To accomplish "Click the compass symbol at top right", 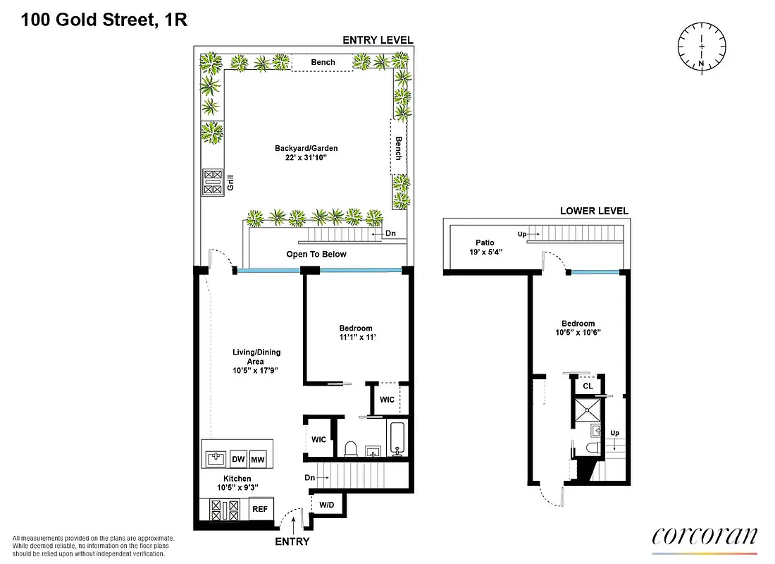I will pyautogui.click(x=702, y=47).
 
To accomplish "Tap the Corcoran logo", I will pyautogui.click(x=705, y=537).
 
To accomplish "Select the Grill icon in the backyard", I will pyautogui.click(x=212, y=182).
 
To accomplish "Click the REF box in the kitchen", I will pyautogui.click(x=260, y=508).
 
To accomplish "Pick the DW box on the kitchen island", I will pyautogui.click(x=238, y=459).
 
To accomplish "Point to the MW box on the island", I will pyautogui.click(x=259, y=459).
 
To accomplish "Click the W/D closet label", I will pyautogui.click(x=327, y=505).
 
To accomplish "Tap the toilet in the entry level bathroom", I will pyautogui.click(x=350, y=448).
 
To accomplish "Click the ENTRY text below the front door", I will pyautogui.click(x=292, y=541).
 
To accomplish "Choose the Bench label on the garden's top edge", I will pyautogui.click(x=323, y=62).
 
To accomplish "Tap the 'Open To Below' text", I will pyautogui.click(x=316, y=255).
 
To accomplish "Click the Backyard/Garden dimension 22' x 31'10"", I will pyautogui.click(x=306, y=157).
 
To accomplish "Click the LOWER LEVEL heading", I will pyautogui.click(x=594, y=211).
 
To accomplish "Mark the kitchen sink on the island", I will pyautogui.click(x=216, y=459).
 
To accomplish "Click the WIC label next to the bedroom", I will pyautogui.click(x=387, y=399).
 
